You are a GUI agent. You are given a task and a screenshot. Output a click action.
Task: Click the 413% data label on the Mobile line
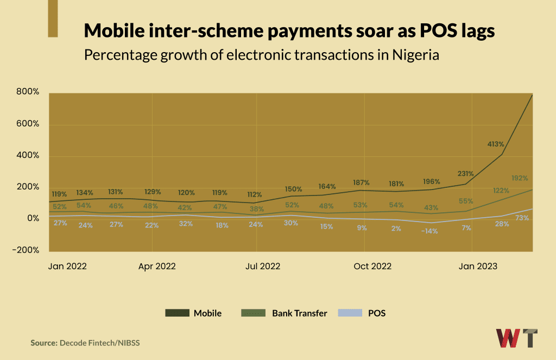496,144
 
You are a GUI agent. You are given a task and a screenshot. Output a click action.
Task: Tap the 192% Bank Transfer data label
520,178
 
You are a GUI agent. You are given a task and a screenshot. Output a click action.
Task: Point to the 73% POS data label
522,218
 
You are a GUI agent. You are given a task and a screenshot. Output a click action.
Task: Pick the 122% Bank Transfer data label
500,191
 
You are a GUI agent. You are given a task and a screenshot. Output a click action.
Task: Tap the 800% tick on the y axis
28,92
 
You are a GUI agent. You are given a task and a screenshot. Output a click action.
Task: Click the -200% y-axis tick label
26,250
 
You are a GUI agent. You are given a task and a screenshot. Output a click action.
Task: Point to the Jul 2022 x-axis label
263,267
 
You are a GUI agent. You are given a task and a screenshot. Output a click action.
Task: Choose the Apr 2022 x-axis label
157,267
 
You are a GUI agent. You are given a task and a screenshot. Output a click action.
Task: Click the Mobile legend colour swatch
177,313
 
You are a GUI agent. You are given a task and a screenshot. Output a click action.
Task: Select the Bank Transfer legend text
300,313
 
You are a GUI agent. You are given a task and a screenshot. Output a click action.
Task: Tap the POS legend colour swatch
349,313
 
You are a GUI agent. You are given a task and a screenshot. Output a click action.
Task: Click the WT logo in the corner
517,338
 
